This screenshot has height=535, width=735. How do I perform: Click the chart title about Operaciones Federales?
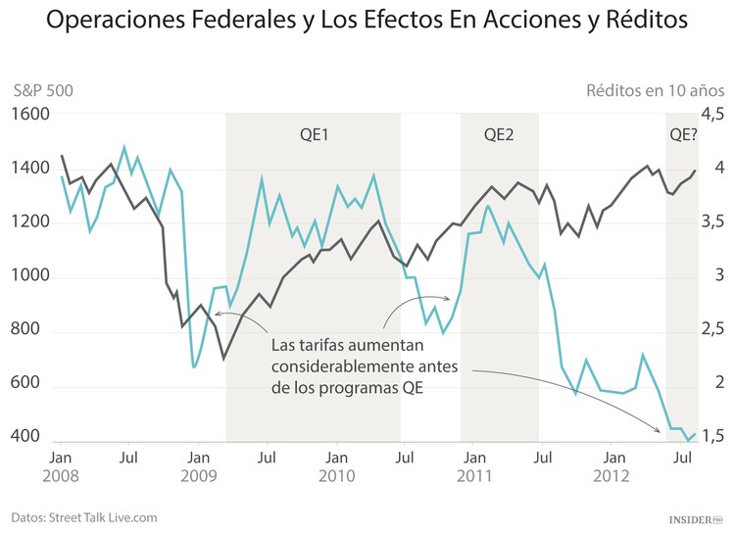(367, 21)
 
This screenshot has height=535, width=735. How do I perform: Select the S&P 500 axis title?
(43, 90)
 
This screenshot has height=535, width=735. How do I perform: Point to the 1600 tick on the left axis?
(30, 115)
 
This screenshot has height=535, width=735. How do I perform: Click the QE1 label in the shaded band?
(313, 134)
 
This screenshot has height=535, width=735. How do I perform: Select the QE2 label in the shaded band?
(499, 134)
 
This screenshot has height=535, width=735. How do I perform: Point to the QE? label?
(683, 134)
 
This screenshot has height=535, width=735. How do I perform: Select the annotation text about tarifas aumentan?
(362, 367)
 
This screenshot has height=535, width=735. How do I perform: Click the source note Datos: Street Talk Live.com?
(84, 516)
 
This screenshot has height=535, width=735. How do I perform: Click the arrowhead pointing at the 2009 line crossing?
(216, 314)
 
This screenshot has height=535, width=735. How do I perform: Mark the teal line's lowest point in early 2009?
(194, 366)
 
